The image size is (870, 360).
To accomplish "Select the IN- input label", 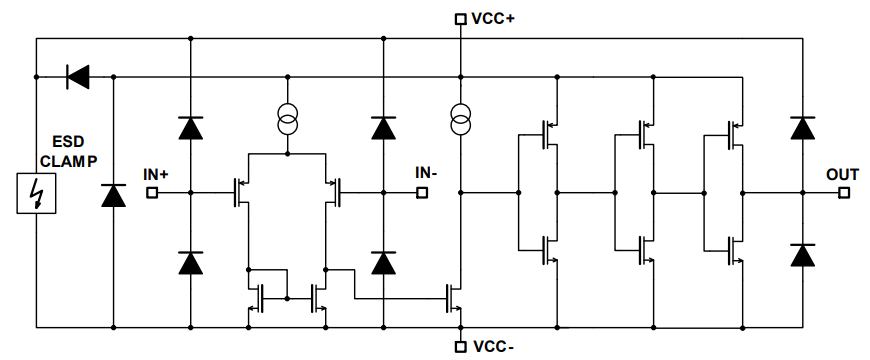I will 426,173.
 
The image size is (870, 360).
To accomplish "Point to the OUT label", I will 842,174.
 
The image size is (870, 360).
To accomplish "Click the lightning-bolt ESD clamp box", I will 36,192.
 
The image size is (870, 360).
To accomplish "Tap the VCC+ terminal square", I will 460,18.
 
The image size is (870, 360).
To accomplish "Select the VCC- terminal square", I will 460,346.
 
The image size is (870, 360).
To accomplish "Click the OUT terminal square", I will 843,192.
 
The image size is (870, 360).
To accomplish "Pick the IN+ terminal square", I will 152,192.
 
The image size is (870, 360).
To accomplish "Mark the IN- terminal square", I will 422,192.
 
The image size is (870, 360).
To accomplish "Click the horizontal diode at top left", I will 76,75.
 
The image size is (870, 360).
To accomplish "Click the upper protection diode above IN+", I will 190,127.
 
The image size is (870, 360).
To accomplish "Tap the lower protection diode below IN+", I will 190,262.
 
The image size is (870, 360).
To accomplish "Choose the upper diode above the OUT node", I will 801,127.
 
